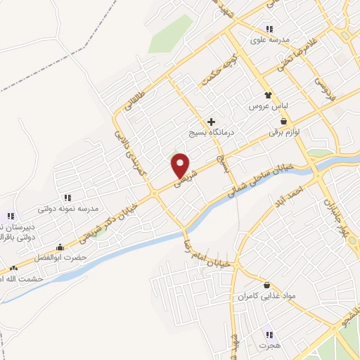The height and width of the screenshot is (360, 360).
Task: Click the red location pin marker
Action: (181, 165)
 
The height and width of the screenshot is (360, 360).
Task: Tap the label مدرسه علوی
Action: (269, 40)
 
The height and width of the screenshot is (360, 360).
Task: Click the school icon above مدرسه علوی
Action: (269, 29)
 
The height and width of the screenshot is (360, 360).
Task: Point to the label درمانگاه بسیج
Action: (211, 132)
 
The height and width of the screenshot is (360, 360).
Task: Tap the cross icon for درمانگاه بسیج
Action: (211, 122)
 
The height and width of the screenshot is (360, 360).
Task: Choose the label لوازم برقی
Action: (283, 131)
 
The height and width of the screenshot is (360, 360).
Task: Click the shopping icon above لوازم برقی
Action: (283, 121)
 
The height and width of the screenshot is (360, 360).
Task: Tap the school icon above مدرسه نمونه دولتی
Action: (67, 198)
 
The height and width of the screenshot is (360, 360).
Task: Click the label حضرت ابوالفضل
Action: (60, 257)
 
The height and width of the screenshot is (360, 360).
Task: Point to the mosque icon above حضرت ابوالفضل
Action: (60, 247)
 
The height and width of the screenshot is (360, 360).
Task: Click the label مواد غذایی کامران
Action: (266, 297)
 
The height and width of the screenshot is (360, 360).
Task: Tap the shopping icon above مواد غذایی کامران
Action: (267, 285)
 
